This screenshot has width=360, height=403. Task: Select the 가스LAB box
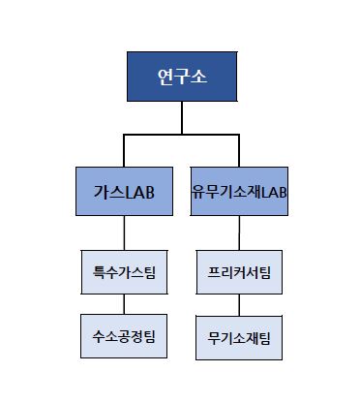pyautogui.click(x=124, y=192)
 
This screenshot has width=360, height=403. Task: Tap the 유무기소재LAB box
pyautogui.click(x=239, y=192)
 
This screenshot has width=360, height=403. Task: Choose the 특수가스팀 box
pyautogui.click(x=124, y=274)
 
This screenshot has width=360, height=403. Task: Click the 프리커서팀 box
pyautogui.click(x=239, y=274)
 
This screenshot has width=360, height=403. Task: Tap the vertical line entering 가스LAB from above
pyautogui.click(x=124, y=150)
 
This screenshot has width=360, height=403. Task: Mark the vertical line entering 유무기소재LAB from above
pyautogui.click(x=239, y=150)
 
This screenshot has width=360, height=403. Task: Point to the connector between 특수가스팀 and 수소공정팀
pyautogui.click(x=124, y=305)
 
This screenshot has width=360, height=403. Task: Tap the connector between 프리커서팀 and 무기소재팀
pyautogui.click(x=239, y=305)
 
